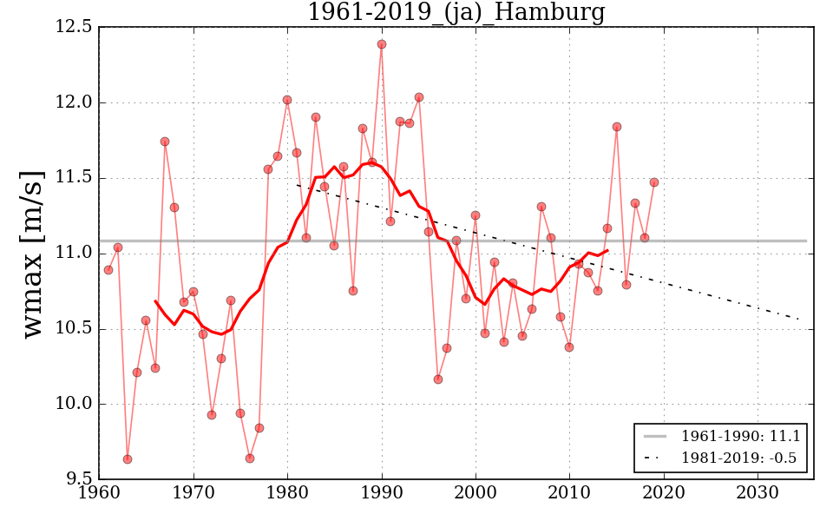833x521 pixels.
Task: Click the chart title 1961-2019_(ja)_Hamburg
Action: click(456, 12)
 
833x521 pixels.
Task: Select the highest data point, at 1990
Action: click(382, 44)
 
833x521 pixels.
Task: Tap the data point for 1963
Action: click(128, 459)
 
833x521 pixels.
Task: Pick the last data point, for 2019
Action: click(654, 182)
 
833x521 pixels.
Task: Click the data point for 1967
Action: click(165, 142)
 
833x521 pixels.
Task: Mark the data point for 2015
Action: click(617, 127)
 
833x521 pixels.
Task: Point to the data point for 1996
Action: click(438, 379)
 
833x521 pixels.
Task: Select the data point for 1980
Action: click(287, 100)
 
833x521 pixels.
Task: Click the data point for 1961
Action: click(108, 270)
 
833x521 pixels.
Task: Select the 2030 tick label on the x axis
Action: click(758, 493)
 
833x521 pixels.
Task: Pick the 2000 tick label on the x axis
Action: click(476, 493)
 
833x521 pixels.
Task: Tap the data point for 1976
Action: click(250, 458)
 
